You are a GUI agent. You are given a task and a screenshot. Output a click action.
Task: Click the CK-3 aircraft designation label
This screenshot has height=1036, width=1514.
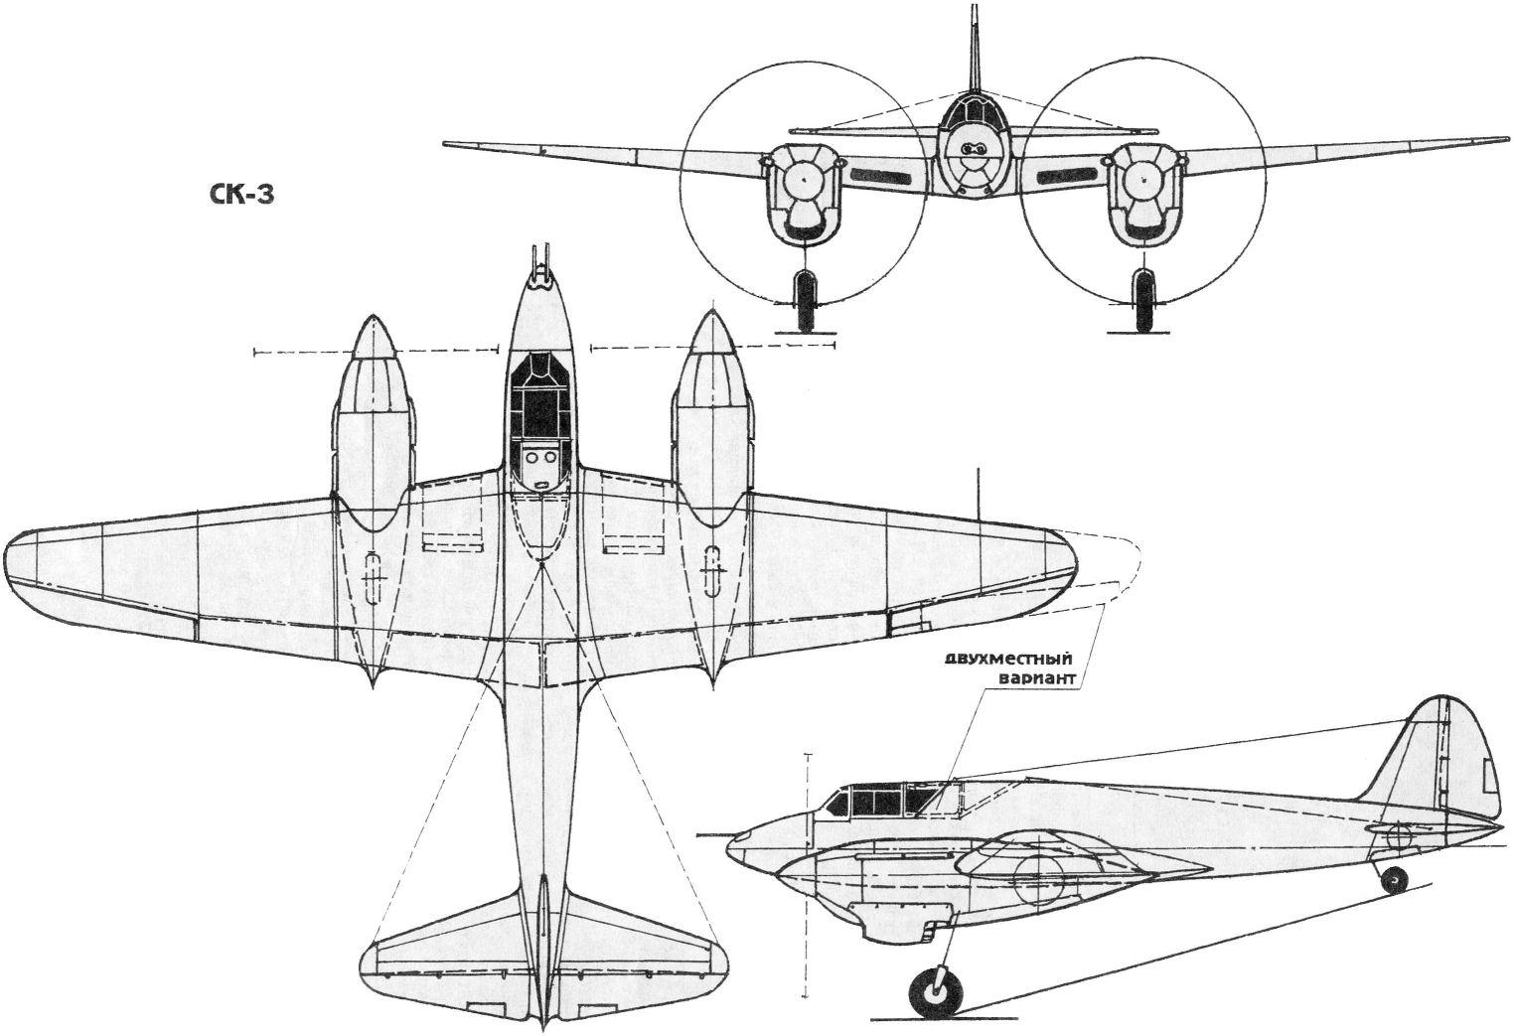point(240,194)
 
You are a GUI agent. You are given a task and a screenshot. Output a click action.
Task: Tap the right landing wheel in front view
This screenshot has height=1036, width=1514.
point(1142,300)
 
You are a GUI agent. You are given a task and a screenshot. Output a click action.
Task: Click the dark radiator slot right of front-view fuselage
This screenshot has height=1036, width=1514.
point(1067,177)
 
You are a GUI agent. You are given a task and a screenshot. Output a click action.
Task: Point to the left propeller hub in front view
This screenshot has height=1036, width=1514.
point(803,181)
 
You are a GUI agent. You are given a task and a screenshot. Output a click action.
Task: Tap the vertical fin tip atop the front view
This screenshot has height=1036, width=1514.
point(974,8)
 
